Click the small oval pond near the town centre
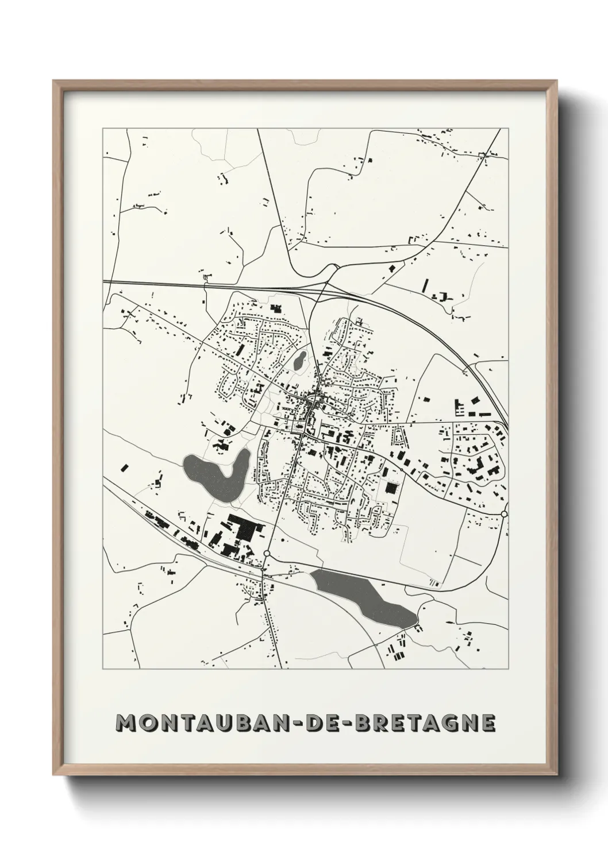299,361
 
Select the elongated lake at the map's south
362,597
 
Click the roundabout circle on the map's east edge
504,513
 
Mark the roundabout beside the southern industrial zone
267,554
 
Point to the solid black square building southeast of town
391,488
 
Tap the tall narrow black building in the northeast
426,285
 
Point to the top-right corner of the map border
509,129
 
